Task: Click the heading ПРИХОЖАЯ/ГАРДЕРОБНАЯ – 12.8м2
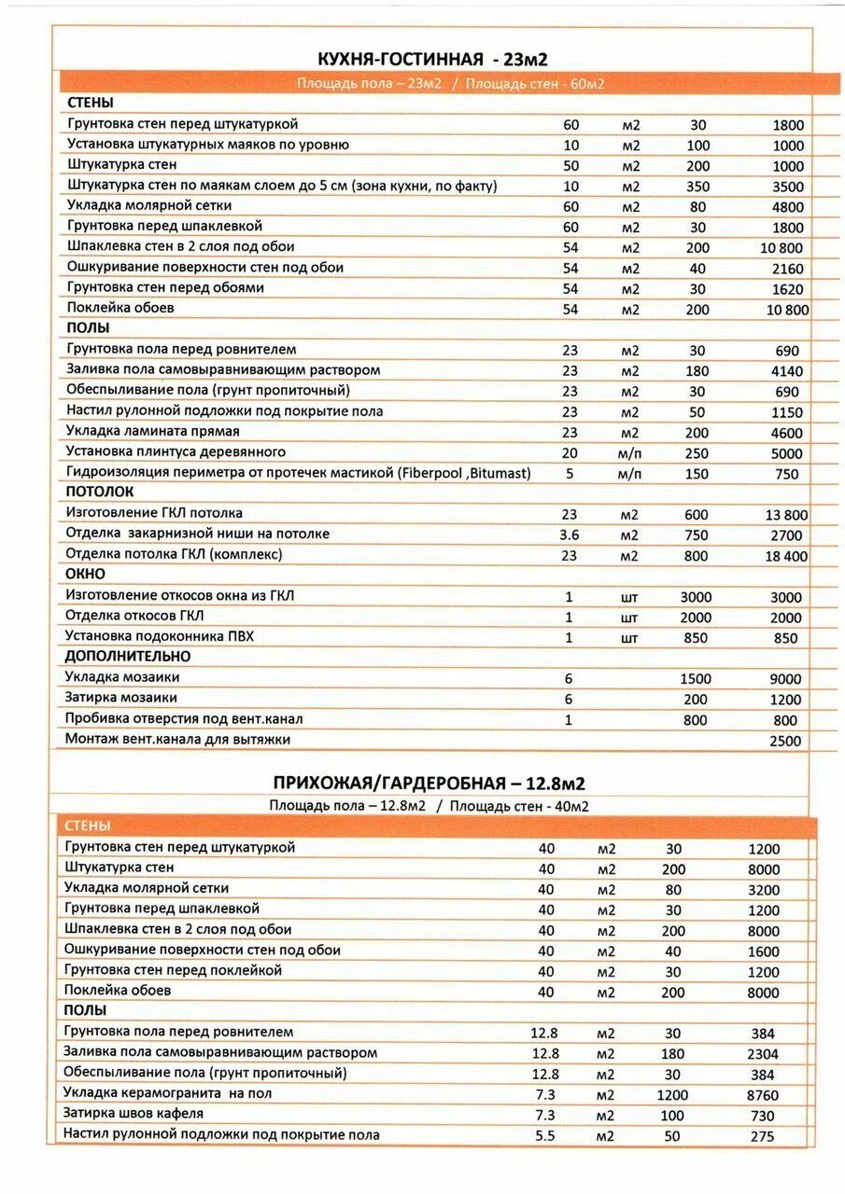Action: click(x=430, y=783)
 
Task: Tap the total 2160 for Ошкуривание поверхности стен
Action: click(x=787, y=269)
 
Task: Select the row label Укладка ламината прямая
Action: click(x=153, y=432)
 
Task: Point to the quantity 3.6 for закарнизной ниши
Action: click(x=570, y=535)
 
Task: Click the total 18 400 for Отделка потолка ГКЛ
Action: click(x=786, y=556)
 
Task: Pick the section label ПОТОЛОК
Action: click(x=100, y=492)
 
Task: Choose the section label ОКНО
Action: click(x=85, y=574)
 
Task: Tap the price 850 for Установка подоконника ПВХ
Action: click(x=696, y=638)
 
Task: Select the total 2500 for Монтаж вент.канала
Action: click(x=785, y=741)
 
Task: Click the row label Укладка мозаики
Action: click(x=121, y=677)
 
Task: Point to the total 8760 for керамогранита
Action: click(x=762, y=1095)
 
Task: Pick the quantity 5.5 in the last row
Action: click(x=544, y=1136)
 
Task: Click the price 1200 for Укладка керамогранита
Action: click(x=672, y=1095)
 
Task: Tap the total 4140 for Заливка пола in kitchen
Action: click(x=787, y=371)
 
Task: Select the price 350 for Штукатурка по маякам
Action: click(x=697, y=187)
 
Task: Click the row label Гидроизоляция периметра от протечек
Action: click(x=298, y=473)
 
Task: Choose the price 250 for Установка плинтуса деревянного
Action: click(x=697, y=453)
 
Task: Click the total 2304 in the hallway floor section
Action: click(x=762, y=1054)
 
